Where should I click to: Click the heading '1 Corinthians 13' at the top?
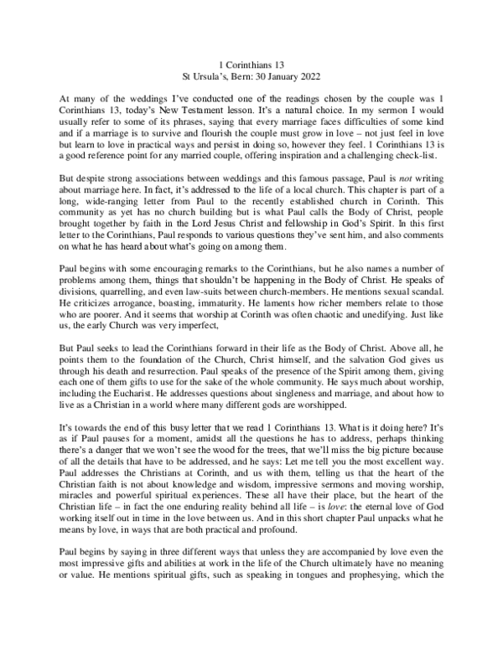tap(251, 64)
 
